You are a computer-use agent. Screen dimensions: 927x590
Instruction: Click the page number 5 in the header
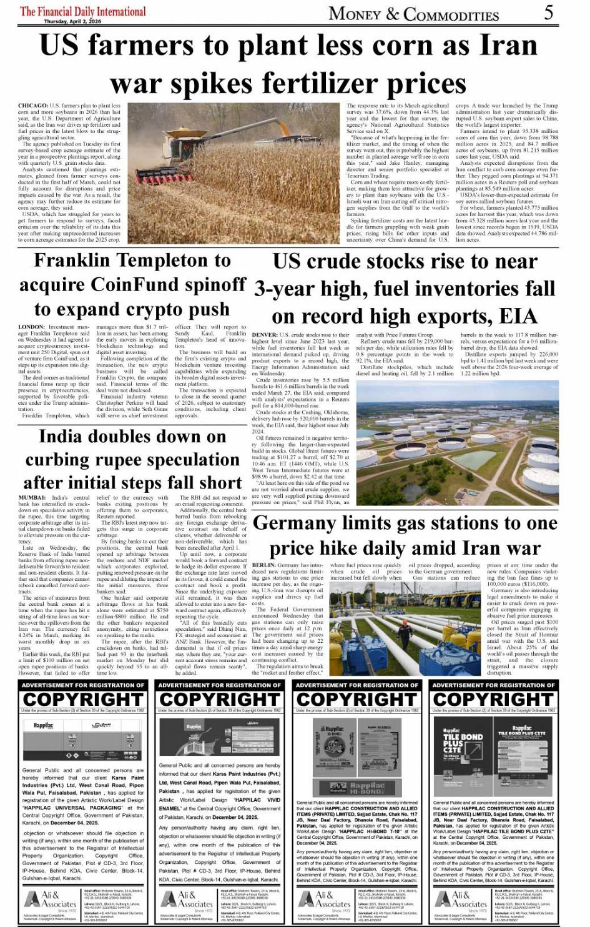[548, 12]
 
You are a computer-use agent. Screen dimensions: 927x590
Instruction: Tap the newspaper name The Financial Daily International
[83, 11]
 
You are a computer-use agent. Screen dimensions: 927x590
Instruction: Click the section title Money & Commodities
[413, 14]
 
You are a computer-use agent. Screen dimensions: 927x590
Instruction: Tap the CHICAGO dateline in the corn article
[33, 106]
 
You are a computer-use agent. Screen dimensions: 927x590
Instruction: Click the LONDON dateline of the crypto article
[31, 327]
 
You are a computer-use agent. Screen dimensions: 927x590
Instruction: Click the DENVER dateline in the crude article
[265, 335]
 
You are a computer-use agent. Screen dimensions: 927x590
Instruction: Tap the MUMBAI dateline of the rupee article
[32, 498]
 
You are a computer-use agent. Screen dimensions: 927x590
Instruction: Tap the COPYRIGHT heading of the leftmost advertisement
[83, 699]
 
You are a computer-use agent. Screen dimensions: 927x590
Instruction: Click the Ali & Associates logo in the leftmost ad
[51, 900]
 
